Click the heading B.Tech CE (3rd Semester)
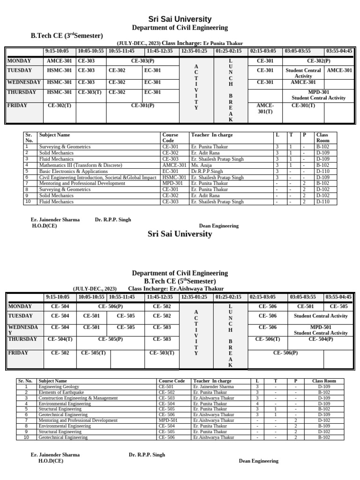pyautogui.click(x=67, y=36)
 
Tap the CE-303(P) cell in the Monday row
pyautogui.click(x=142, y=61)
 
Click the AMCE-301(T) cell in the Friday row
pyautogui.click(x=265, y=109)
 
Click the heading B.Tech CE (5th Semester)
pyautogui.click(x=180, y=281)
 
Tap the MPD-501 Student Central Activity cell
pyautogui.click(x=320, y=330)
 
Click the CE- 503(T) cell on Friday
pyautogui.click(x=162, y=353)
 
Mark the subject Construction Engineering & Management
pyautogui.click(x=78, y=398)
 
